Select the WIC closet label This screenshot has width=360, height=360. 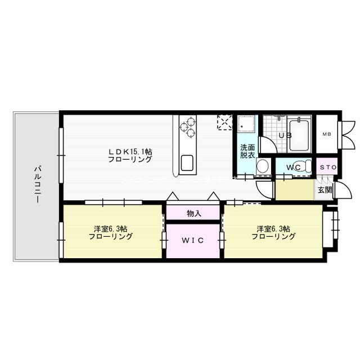pyautogui.click(x=192, y=240)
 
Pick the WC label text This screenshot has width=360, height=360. pyautogui.click(x=294, y=167)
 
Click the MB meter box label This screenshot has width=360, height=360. pyautogui.click(x=326, y=135)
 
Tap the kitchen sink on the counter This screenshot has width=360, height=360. pyautogui.click(x=187, y=163)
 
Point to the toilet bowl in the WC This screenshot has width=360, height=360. pyautogui.click(x=304, y=166)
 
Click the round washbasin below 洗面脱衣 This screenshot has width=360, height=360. pyautogui.click(x=262, y=166)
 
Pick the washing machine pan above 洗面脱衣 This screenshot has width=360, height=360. pyautogui.click(x=246, y=125)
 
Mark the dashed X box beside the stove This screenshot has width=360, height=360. pyautogui.click(x=224, y=122)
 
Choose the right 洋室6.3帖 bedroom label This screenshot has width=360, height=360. pyautogui.click(x=273, y=232)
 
